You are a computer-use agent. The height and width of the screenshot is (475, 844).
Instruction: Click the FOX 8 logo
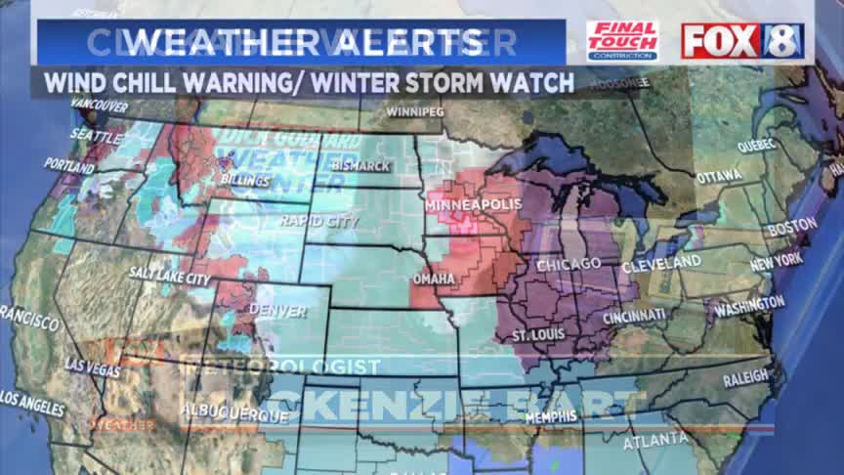742,40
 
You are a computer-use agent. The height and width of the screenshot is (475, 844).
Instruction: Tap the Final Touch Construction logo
621,41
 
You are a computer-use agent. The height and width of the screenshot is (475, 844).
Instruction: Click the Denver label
277,312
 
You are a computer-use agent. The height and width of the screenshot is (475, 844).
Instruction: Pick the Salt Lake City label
169,279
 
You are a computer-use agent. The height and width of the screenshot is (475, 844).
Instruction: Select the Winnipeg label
414,112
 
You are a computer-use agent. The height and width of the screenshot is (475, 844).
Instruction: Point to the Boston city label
792,227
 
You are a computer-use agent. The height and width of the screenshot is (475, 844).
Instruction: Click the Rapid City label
318,221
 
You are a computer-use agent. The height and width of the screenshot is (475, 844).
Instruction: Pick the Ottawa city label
718,176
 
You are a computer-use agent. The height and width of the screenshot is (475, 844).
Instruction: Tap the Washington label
749,307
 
